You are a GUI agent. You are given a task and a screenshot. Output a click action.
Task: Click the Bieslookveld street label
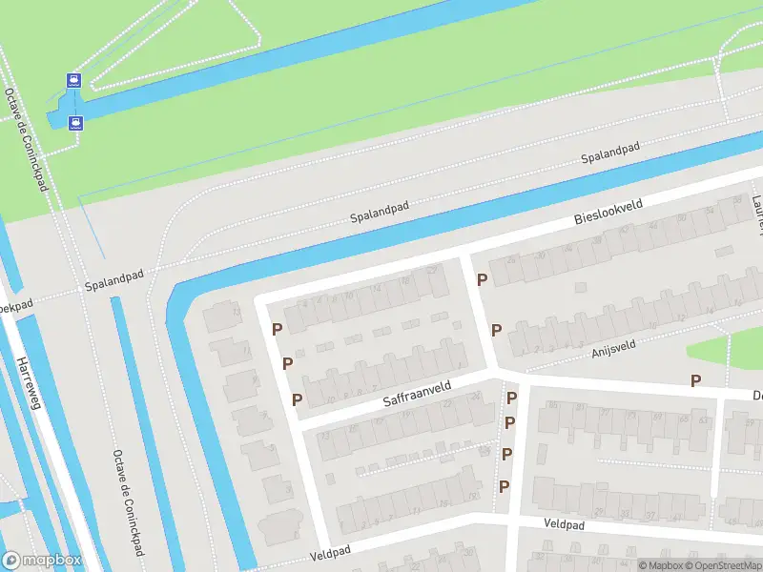pos(609,213)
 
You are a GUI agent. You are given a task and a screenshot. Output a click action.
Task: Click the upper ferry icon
pos(73,80)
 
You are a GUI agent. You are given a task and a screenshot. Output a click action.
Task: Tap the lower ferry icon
pos(75,121)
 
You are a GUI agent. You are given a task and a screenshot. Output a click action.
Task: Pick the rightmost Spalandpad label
pos(611,152)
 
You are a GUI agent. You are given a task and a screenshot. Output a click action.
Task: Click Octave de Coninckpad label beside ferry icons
pos(26,139)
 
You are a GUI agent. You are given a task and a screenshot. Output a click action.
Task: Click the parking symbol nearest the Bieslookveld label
pos(483,279)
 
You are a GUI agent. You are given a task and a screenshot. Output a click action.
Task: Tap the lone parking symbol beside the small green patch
pos(695,380)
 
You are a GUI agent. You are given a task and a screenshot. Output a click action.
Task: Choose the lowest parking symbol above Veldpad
pos(504,486)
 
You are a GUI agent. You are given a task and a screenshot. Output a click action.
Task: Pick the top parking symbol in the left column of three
pos(277,330)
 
